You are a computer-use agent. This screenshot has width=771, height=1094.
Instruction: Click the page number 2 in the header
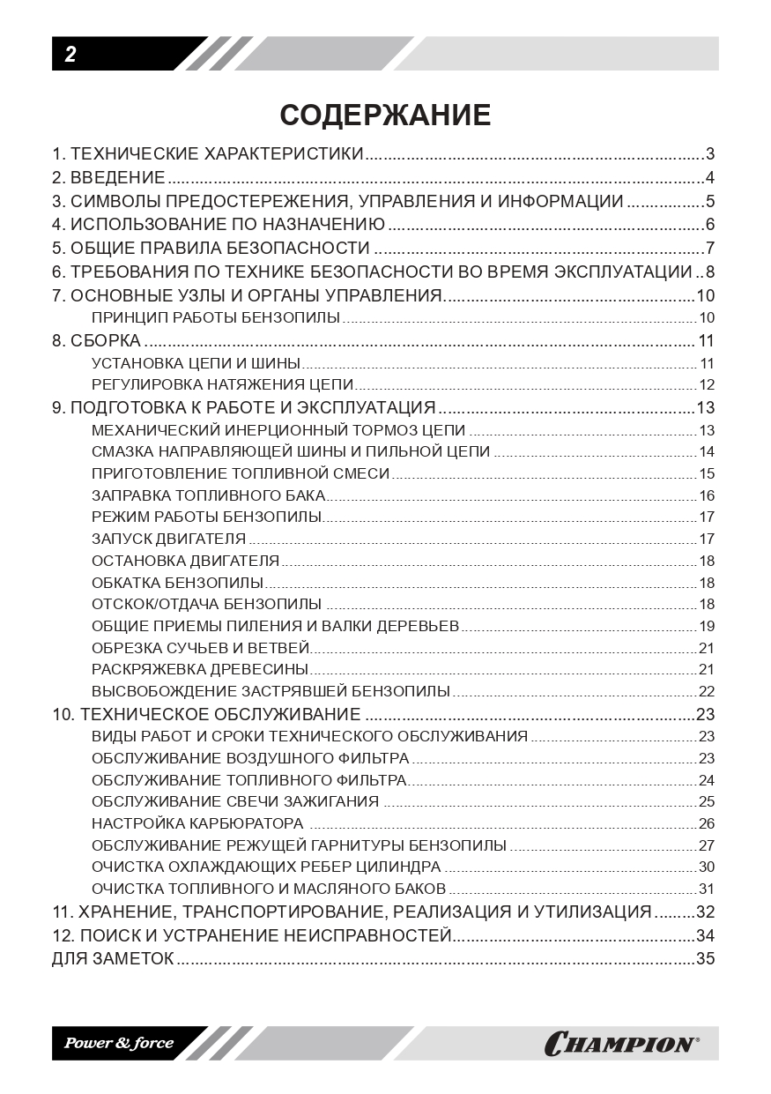[70, 55]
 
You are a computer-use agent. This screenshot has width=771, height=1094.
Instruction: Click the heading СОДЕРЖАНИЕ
[385, 115]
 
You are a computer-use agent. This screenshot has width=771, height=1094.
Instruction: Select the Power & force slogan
[118, 1044]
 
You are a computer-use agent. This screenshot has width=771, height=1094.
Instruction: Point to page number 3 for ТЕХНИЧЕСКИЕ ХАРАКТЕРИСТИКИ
[709, 154]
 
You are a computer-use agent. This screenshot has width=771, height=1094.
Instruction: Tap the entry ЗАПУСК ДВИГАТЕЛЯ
[168, 539]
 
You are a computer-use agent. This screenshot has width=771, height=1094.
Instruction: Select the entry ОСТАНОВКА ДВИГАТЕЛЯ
[185, 561]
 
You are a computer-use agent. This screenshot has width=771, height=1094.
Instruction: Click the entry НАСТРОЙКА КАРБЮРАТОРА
[197, 823]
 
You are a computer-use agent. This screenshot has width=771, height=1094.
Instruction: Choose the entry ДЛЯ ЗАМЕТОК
[113, 958]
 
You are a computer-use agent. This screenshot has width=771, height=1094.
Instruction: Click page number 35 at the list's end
[705, 958]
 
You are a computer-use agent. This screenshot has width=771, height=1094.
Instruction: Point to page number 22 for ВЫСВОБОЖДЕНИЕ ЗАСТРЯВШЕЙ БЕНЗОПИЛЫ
[706, 691]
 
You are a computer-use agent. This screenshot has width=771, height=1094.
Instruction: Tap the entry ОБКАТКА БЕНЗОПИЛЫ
[177, 583]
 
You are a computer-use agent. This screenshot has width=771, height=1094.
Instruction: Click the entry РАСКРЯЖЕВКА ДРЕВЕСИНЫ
[200, 670]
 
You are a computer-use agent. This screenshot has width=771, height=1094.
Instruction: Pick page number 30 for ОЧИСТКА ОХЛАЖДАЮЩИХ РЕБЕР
[706, 867]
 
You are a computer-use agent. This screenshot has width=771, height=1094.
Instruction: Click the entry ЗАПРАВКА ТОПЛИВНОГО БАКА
[208, 495]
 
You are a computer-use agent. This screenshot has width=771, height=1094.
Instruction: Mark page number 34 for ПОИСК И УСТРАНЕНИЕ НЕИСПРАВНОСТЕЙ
[705, 935]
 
